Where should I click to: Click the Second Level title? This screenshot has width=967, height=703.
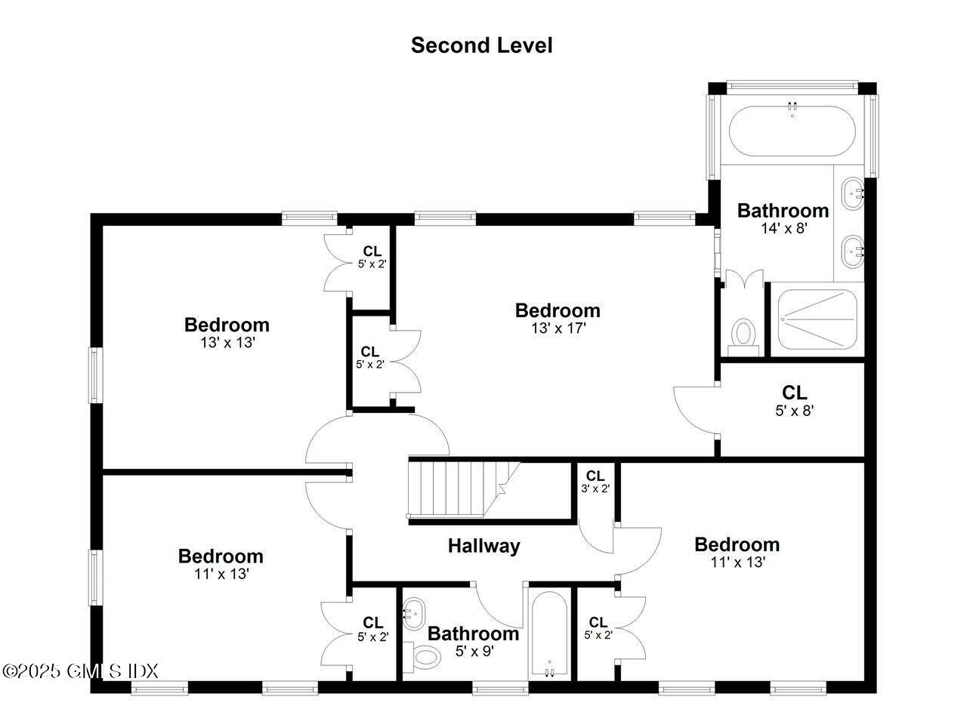[x=481, y=45]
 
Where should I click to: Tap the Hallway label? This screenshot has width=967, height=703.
[x=483, y=545]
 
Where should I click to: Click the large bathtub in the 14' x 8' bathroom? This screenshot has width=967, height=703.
[x=791, y=131]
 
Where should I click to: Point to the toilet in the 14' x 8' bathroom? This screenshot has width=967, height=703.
[x=744, y=335]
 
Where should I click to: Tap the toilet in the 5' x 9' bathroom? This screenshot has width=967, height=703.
[x=425, y=657]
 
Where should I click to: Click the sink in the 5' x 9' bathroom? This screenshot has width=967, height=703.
[x=413, y=614]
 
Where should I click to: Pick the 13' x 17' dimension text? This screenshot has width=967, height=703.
[x=558, y=328]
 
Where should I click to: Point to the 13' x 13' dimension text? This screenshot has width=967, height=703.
[x=227, y=343]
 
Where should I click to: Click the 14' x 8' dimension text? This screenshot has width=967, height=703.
[x=783, y=227]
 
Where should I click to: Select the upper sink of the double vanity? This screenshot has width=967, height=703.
[x=852, y=193]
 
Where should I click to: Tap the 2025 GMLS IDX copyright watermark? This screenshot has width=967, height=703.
[x=80, y=670]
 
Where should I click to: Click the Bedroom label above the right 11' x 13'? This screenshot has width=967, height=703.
[x=737, y=544]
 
